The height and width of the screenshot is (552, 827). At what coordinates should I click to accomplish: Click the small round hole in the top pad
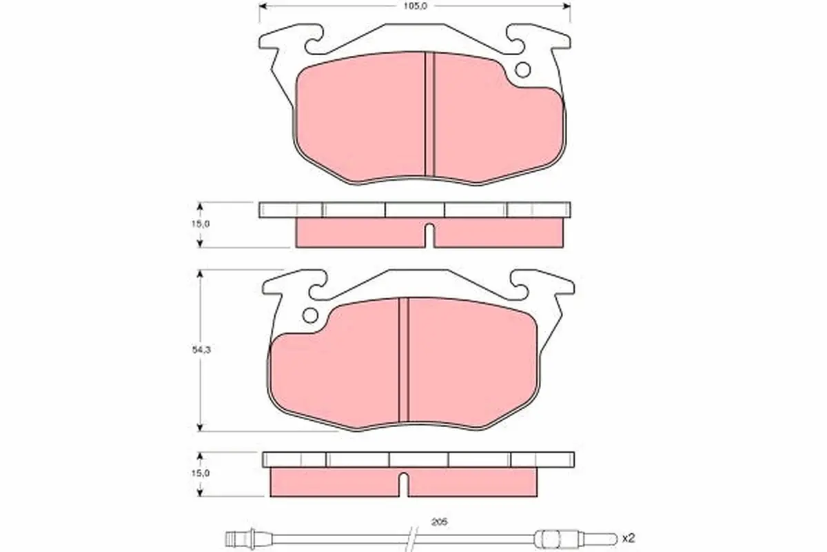(522, 70)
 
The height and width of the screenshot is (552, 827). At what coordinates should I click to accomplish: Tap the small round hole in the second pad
(310, 315)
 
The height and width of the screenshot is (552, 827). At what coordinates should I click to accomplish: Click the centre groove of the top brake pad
(429, 114)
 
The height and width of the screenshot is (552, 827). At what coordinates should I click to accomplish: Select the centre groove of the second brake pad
(404, 359)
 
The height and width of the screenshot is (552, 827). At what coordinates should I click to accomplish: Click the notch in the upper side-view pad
(428, 235)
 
